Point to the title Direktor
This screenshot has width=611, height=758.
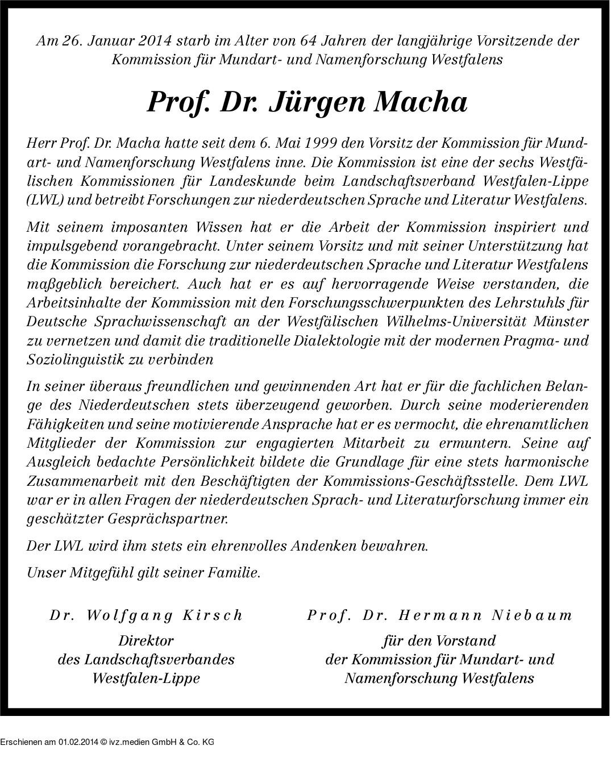point(146,641)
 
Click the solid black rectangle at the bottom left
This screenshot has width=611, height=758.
point(107,736)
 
